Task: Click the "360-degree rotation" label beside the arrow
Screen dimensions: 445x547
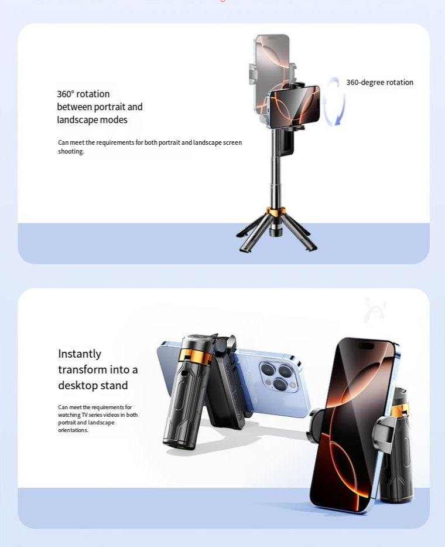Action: [379, 82]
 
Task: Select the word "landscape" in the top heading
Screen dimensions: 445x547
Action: [77, 120]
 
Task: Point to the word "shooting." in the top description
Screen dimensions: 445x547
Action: [71, 151]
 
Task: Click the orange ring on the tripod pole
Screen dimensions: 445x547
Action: [276, 210]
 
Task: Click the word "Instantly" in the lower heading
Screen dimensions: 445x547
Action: [80, 354]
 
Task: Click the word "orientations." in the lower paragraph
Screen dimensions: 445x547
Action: [73, 430]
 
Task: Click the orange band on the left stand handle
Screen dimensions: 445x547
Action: [194, 355]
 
